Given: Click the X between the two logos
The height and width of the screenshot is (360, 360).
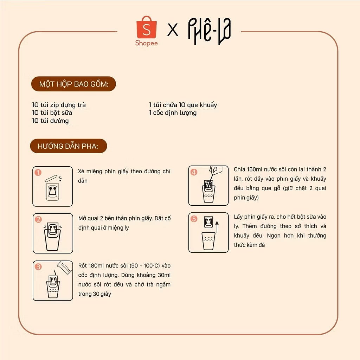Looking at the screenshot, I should (x=173, y=30).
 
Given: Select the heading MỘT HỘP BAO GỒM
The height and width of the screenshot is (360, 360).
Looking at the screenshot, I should (x=73, y=84).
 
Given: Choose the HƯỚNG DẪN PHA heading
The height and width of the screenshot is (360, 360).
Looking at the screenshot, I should (x=68, y=146).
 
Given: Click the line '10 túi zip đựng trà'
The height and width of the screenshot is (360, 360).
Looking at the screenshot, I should (x=59, y=105).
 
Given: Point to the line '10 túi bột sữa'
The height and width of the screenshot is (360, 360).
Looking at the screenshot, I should (x=52, y=113).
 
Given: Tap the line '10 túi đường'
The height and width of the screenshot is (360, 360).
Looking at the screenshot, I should (x=50, y=121).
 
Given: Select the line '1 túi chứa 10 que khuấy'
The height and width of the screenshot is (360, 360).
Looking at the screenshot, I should (x=183, y=105).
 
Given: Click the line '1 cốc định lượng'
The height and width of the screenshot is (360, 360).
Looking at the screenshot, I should (x=173, y=113).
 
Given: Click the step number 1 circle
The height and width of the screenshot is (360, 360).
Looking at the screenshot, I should (x=38, y=173).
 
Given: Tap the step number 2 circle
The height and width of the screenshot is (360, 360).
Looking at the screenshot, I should (x=38, y=219).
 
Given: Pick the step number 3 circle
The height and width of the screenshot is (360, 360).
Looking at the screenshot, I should (x=38, y=266).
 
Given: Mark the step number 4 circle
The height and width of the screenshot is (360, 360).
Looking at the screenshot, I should (x=194, y=172).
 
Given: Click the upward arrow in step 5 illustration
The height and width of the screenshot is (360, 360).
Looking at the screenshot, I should (x=217, y=226).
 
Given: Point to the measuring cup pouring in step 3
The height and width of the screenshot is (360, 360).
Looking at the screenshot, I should (x=64, y=267).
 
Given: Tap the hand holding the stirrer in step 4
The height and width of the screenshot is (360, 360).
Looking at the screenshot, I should (x=216, y=171).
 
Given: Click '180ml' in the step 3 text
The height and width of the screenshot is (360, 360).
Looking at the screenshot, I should (x=98, y=266).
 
